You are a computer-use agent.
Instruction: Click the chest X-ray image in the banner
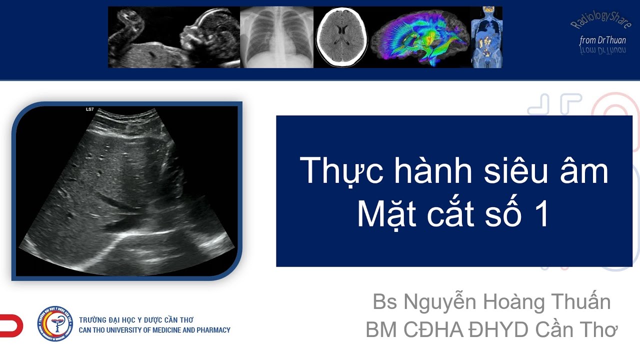coord(276,37)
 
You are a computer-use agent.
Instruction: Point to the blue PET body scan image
coord(486,37)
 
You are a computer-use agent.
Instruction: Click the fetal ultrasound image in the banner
coord(174,37)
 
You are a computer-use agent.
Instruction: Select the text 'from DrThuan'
coord(602,40)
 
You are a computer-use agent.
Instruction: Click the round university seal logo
coord(55,324)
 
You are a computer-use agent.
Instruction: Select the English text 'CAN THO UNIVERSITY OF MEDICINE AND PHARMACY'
coord(155,330)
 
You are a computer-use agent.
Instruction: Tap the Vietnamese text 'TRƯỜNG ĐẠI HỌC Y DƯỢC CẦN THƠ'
coord(136,320)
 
